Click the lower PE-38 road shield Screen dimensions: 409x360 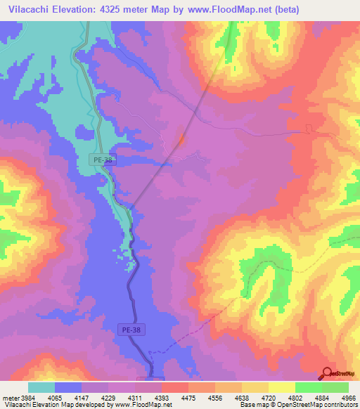(x=131, y=329)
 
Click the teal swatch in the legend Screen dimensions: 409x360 (x=41, y=387)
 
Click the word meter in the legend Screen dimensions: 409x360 (x=9, y=398)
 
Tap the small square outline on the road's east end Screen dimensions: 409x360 (x=307, y=128)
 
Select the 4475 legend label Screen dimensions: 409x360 (x=189, y=398)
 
